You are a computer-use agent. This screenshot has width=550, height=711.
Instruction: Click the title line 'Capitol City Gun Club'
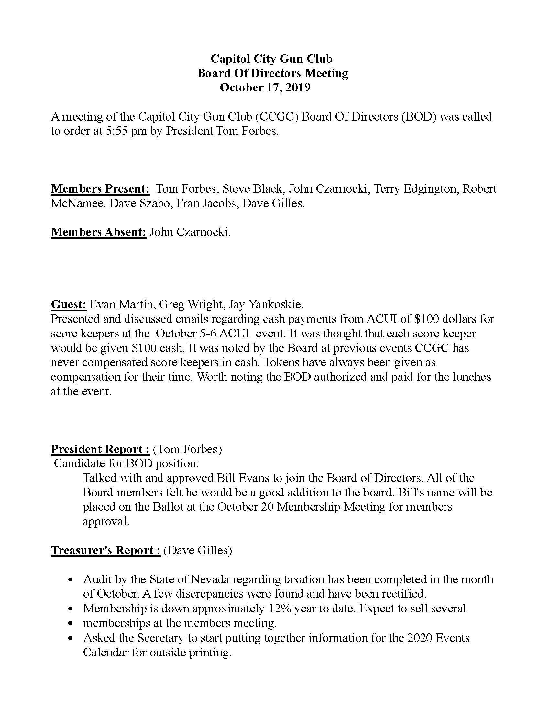(x=271, y=59)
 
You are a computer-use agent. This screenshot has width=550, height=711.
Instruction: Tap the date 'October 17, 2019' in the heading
(x=265, y=88)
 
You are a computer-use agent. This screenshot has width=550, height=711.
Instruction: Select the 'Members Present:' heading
(x=100, y=189)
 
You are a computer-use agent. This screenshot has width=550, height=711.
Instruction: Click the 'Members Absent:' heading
(x=98, y=232)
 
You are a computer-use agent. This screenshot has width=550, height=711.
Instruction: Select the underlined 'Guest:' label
(x=68, y=304)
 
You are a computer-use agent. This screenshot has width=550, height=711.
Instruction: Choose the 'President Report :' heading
(x=100, y=449)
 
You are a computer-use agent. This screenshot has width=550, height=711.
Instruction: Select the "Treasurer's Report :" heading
(x=105, y=550)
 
